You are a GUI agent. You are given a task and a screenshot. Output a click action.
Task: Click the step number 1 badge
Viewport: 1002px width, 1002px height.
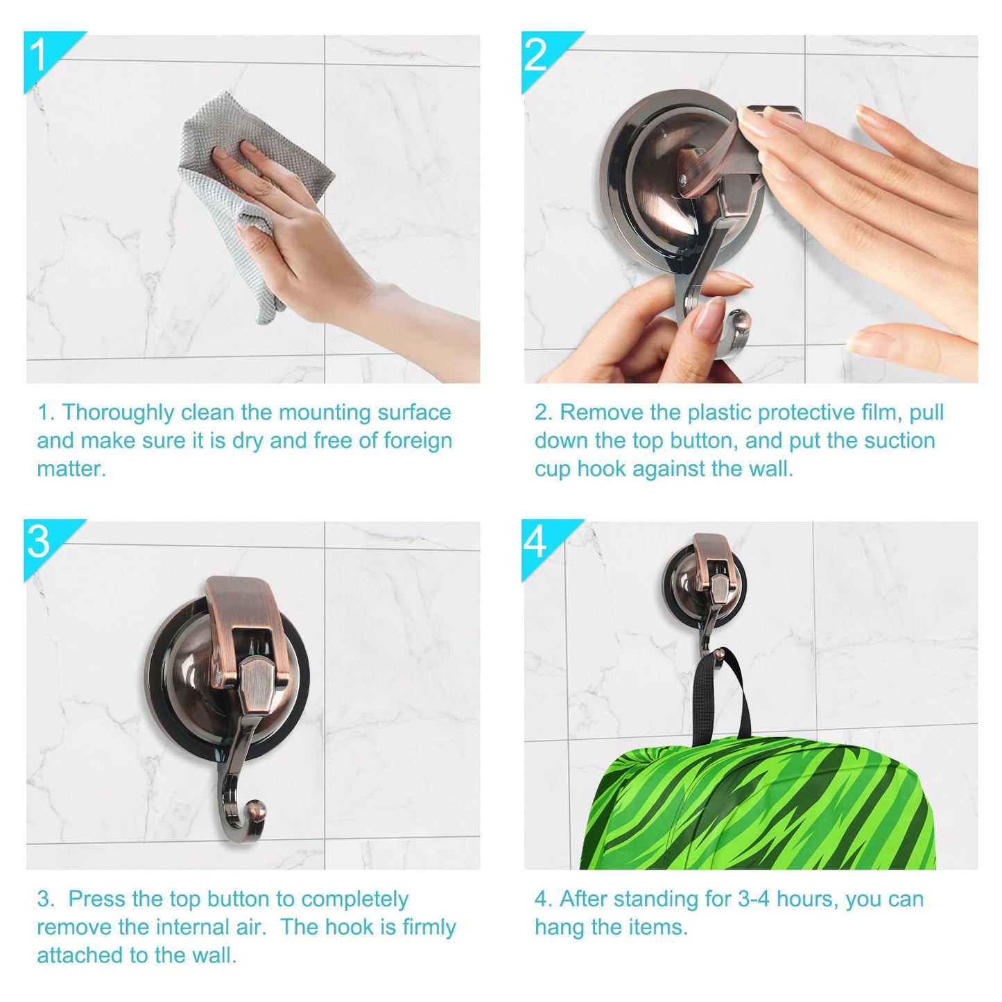tap(44, 55)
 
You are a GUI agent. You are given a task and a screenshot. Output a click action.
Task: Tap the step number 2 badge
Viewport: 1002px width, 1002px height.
tap(542, 55)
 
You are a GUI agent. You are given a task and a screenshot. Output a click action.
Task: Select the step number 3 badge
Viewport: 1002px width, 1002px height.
tap(44, 542)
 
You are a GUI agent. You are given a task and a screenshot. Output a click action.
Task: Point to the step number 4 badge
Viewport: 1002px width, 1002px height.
tap(542, 542)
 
